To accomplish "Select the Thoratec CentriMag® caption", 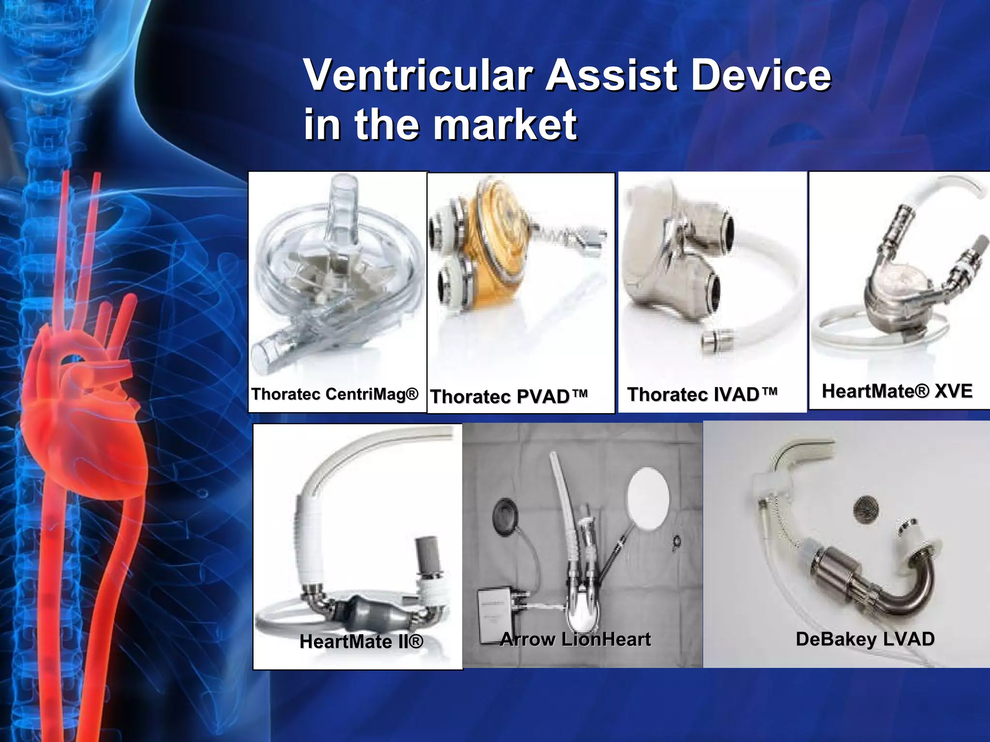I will click(335, 394).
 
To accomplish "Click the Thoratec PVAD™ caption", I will click(509, 397).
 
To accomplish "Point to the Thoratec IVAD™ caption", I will click(702, 395).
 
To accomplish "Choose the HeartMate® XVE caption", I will click(897, 391).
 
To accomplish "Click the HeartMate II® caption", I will click(361, 642).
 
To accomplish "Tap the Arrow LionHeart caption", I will click(575, 639).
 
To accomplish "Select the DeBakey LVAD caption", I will click(865, 639).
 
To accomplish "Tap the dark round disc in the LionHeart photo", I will click(506, 516).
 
